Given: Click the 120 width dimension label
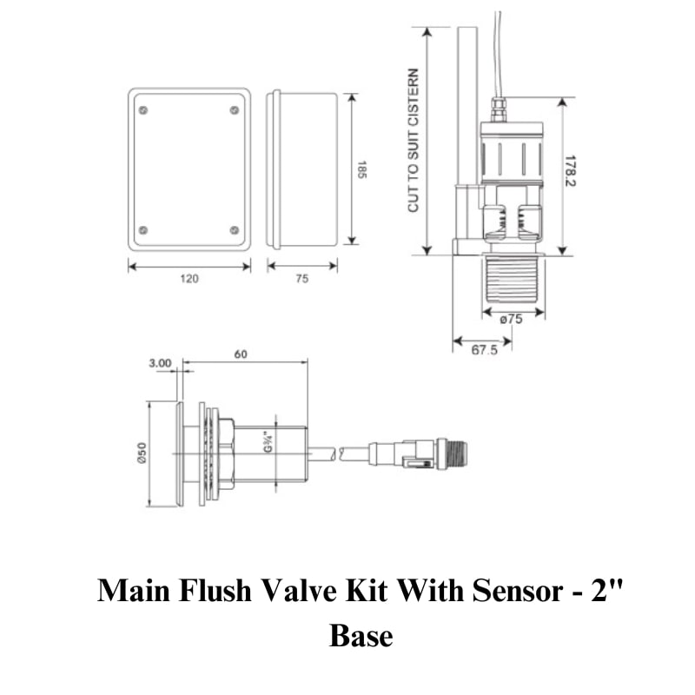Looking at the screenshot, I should click(x=189, y=279).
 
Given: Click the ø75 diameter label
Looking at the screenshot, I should click(x=512, y=319).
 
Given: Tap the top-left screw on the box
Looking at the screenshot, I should click(x=143, y=109).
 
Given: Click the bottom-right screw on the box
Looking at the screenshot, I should click(x=235, y=230).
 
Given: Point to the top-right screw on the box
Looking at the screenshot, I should click(x=235, y=109).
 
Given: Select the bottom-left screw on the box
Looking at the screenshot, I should click(x=143, y=230).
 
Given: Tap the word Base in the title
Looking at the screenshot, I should click(x=361, y=635).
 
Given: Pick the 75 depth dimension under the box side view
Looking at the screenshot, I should click(x=302, y=279).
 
